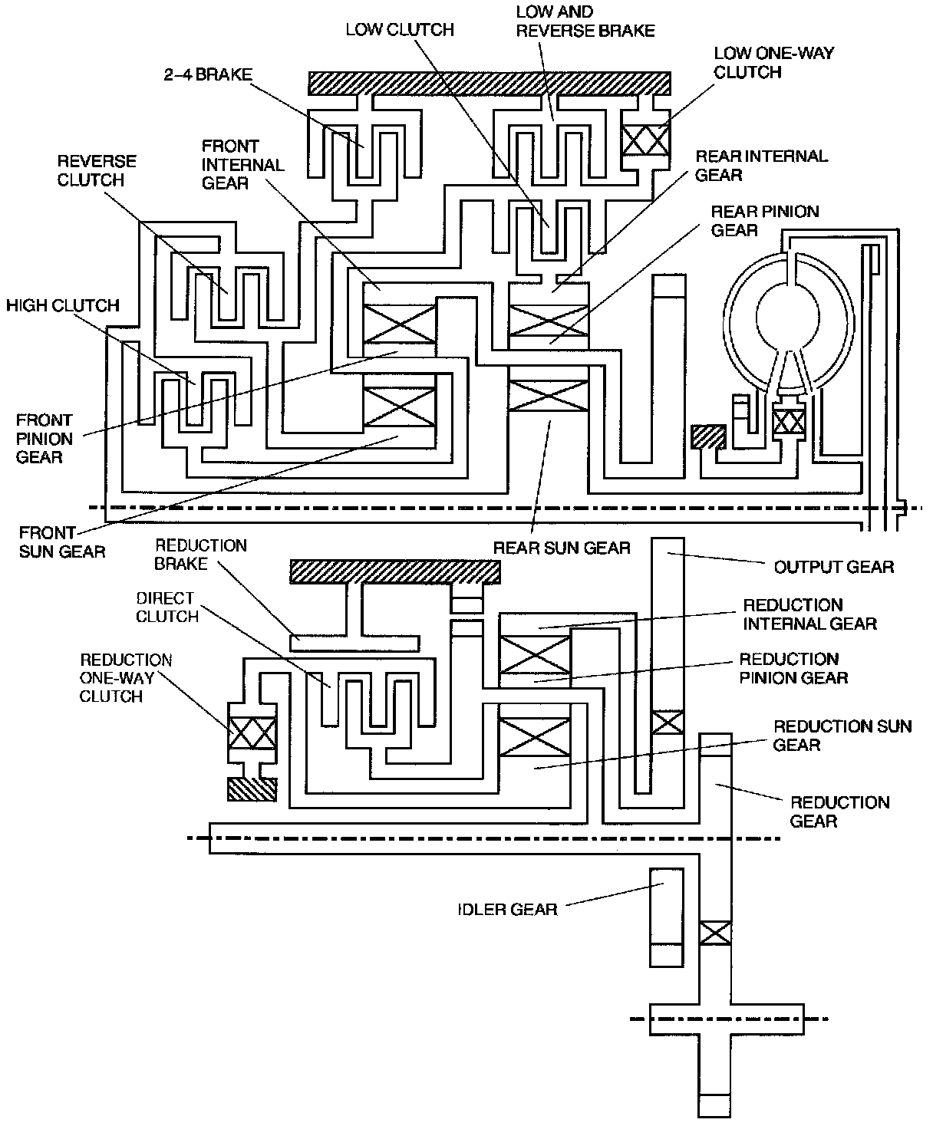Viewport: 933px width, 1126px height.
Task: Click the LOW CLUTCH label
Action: point(399,30)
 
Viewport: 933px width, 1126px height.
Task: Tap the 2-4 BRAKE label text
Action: point(208,74)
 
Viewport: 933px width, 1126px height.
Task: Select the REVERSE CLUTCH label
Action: point(97,170)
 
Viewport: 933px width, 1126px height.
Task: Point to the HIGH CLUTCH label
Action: point(63,305)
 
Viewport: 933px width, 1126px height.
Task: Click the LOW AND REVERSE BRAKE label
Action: point(585,21)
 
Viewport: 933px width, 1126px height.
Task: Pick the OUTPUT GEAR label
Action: point(834,567)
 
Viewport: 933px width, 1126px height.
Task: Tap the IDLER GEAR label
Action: point(507,910)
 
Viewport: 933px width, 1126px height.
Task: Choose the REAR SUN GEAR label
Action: point(561,548)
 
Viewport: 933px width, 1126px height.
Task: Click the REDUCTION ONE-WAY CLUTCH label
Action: point(126,678)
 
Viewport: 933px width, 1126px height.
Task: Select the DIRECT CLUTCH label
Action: point(167,607)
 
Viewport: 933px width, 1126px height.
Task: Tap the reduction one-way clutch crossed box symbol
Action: point(252,733)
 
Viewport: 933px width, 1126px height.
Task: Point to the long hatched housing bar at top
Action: point(490,83)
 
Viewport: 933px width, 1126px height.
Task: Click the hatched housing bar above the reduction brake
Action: point(395,571)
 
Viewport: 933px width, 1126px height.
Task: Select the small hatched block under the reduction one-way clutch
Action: point(252,789)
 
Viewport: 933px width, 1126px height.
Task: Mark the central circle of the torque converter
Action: point(787,317)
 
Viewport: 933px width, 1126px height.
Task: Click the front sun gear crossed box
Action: point(399,407)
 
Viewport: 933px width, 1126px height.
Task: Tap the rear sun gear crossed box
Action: point(549,395)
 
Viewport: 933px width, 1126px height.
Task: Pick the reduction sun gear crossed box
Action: point(535,737)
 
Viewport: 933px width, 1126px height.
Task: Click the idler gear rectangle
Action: point(667,918)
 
